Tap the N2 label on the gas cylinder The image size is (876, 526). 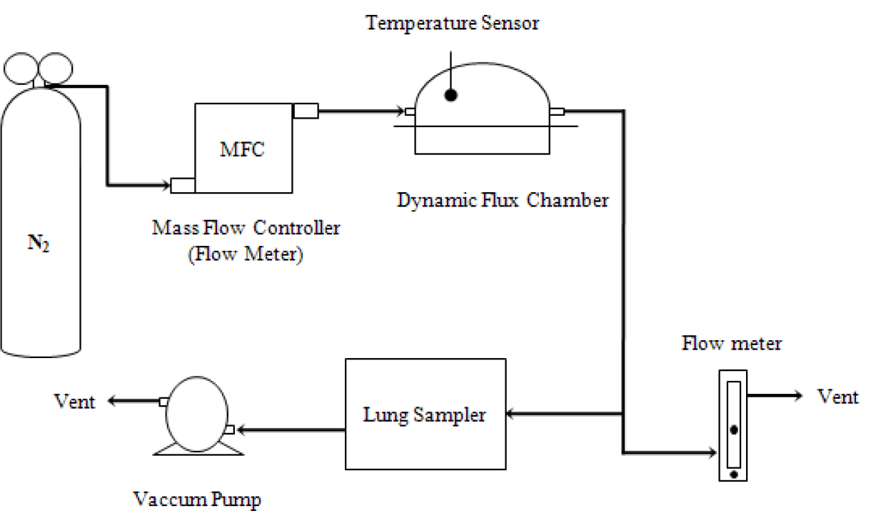coord(39,243)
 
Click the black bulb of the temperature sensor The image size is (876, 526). coord(451,95)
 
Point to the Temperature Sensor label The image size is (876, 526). coord(453,23)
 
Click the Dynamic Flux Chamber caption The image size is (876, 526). coord(503,201)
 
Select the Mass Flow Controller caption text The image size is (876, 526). coord(246,228)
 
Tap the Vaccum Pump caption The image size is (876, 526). coord(197,500)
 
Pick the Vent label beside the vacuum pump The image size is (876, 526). coord(74,402)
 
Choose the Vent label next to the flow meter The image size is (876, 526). coord(837,397)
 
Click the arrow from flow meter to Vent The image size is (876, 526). coord(775,396)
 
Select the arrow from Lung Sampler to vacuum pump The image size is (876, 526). coord(291,430)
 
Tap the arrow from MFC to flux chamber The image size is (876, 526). coord(361,111)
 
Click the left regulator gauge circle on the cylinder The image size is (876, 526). coord(21,69)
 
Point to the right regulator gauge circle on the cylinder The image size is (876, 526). coord(56,69)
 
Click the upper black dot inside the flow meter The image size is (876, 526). coord(734,430)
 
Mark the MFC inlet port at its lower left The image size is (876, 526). coord(183,186)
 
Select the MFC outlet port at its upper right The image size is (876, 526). coord(306,111)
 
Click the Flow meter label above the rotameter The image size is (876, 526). coord(731,344)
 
